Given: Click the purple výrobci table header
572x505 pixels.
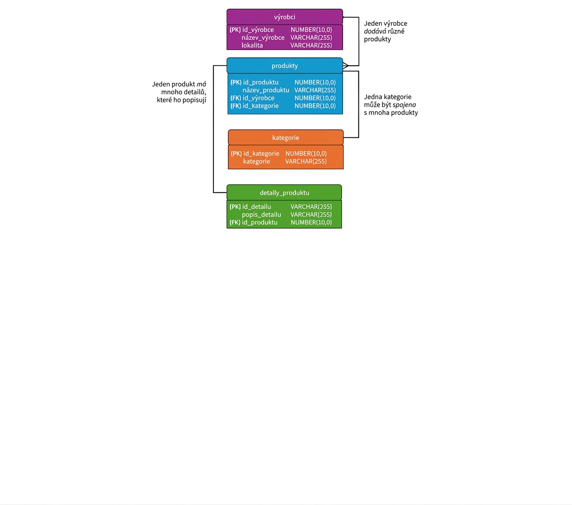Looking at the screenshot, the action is click(284, 17).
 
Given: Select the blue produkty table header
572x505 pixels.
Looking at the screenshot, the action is click(284, 66).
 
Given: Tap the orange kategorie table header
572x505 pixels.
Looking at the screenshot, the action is click(285, 137).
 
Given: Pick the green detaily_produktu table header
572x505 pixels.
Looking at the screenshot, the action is click(284, 193).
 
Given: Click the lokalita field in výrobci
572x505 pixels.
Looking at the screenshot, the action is click(252, 46).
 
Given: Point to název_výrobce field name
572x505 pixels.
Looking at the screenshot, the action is click(263, 38).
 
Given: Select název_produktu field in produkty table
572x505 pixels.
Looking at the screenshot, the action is click(266, 90).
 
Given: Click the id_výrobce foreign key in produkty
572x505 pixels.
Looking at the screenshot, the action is click(259, 98).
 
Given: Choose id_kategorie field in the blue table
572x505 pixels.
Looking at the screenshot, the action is click(261, 106).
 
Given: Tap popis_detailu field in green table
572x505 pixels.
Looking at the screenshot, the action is click(262, 214).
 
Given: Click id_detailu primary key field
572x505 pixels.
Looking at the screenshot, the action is click(256, 207).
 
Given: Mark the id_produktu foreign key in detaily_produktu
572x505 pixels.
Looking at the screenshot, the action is click(260, 222).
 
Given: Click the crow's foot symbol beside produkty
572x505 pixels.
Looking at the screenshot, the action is click(346, 66).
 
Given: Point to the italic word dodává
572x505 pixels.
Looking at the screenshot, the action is click(375, 32).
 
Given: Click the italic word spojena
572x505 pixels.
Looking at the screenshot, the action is click(404, 105).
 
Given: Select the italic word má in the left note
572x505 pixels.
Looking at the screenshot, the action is click(202, 84).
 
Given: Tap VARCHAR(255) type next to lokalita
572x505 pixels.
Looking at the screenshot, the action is click(311, 46).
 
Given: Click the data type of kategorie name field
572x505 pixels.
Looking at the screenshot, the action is click(306, 162).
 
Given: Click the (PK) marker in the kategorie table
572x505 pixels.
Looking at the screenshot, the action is click(236, 153).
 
